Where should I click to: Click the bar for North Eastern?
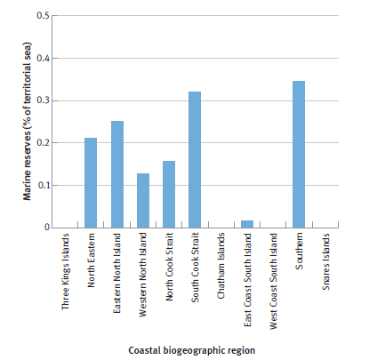(x=91, y=183)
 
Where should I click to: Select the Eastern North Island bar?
(x=116, y=174)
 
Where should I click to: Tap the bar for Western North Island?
(x=143, y=200)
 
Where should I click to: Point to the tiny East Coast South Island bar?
(x=247, y=224)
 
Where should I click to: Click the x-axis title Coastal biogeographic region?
(x=191, y=350)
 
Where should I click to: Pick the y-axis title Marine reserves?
(x=27, y=121)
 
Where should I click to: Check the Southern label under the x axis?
(x=300, y=252)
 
